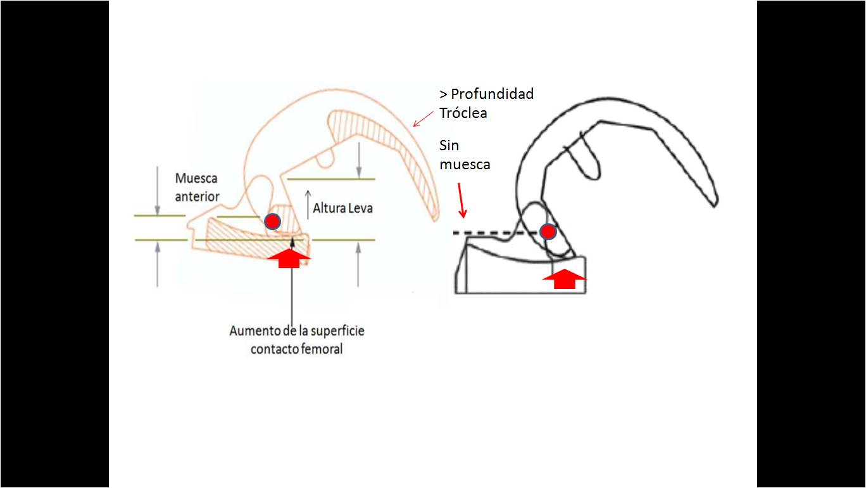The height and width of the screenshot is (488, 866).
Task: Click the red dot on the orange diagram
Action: point(272,221)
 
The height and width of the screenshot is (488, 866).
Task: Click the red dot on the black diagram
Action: point(548,231)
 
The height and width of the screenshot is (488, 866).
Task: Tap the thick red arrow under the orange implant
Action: point(289,258)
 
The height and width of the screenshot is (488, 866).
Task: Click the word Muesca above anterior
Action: point(196,179)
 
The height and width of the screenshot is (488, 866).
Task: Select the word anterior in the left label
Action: point(198,196)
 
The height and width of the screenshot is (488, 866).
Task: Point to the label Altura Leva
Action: point(342,207)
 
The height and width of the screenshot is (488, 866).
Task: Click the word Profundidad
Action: point(492,94)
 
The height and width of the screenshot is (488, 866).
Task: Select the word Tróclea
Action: point(463,113)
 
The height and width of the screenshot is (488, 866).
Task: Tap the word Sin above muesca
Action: point(449,146)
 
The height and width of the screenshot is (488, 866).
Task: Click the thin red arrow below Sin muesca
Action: point(461,200)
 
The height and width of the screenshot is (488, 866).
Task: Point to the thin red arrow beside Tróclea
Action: point(423,119)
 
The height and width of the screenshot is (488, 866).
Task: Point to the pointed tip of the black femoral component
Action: point(715,204)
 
